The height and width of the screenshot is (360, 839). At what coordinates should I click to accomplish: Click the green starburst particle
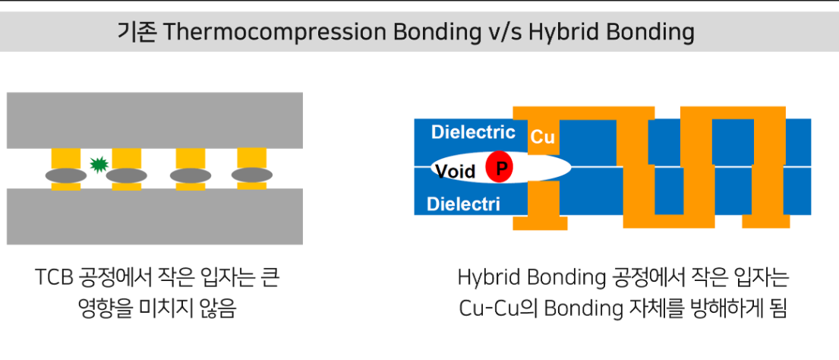[x=99, y=165]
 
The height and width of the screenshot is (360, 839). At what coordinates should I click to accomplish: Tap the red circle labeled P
[x=500, y=167]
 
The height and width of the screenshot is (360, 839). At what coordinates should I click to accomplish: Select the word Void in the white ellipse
[x=455, y=171]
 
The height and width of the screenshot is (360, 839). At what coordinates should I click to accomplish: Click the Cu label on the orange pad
[x=542, y=137]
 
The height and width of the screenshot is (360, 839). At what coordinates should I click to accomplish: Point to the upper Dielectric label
[x=473, y=131]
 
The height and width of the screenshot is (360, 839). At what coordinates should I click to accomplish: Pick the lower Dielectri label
[x=463, y=204]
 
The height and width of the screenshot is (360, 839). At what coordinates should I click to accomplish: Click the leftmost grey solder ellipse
[x=66, y=175]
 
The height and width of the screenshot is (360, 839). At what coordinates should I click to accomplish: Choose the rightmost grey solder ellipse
[x=251, y=175]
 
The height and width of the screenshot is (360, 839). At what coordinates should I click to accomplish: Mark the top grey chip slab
[x=155, y=120]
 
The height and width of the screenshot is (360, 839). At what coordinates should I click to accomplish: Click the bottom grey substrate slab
[x=155, y=216]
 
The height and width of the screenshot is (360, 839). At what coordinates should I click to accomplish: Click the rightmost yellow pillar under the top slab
[x=251, y=158]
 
